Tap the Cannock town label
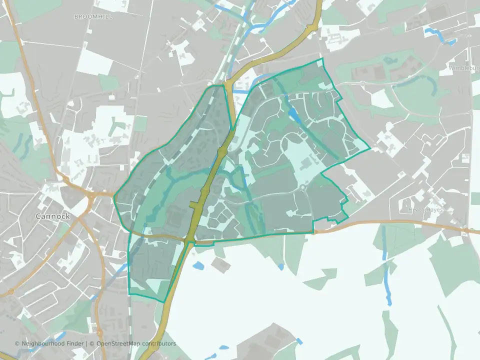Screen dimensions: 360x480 [52, 216]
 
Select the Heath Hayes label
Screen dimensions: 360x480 [426, 210]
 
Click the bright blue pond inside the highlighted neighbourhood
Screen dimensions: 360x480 [295, 117]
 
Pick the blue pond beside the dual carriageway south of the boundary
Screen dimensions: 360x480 [198, 265]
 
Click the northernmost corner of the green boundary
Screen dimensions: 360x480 [321, 58]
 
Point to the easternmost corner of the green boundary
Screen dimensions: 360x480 [370, 148]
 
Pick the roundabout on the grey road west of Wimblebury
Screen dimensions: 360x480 [361, 82]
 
